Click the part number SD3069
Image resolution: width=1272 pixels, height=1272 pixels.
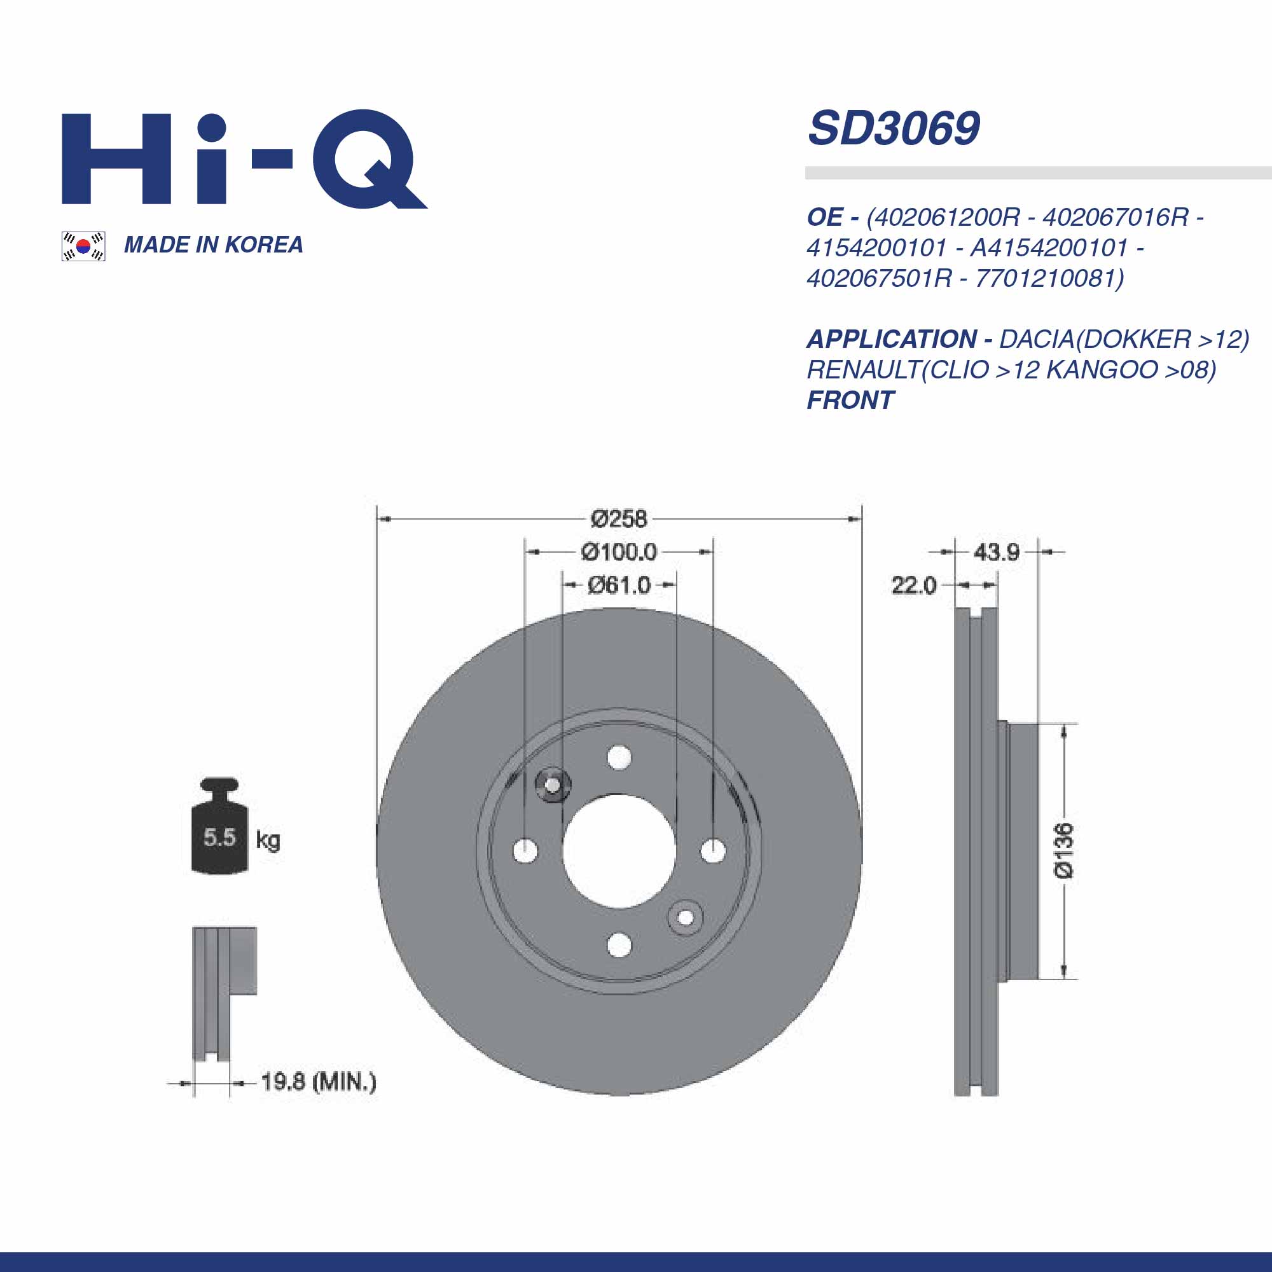pos(894,128)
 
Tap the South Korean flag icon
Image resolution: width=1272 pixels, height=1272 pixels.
pos(83,246)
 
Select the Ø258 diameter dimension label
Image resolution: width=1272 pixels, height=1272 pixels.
pos(618,519)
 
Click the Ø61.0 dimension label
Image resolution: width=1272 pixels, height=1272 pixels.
pos(618,584)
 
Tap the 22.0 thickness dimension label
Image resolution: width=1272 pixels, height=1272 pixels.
pos(913,584)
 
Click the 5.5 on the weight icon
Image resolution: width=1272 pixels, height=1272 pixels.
pos(219,838)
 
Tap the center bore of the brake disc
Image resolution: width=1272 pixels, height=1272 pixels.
pos(619,850)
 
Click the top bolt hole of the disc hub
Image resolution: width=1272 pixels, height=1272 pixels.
pos(619,757)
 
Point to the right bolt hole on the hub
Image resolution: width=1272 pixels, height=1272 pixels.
pos(713,850)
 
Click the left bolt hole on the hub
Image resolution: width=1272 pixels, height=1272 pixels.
pos(525,850)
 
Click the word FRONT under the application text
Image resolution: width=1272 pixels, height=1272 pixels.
pos(850,400)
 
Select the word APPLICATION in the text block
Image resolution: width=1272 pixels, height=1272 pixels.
pos(892,339)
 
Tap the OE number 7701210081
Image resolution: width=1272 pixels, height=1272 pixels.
pos(1048,279)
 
